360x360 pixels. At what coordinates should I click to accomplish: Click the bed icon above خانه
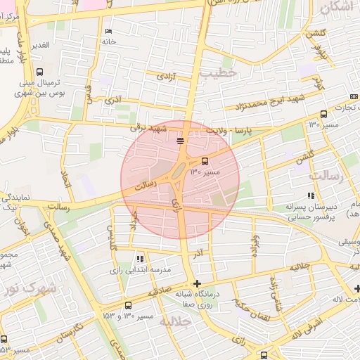pos(108,32)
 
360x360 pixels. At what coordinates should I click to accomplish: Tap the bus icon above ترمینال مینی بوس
pos(39,71)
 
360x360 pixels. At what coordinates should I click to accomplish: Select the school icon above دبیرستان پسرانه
pos(310,196)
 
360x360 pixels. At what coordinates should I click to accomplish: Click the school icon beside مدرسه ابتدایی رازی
pos(140,259)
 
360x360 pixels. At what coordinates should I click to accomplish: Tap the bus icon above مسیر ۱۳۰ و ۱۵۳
pos(127,305)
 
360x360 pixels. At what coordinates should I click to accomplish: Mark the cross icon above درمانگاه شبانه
pos(196,283)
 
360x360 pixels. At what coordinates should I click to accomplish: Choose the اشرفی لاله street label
pos(307,324)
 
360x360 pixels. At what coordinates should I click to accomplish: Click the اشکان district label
pos(337,8)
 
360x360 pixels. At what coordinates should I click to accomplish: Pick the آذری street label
pos(112,101)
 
